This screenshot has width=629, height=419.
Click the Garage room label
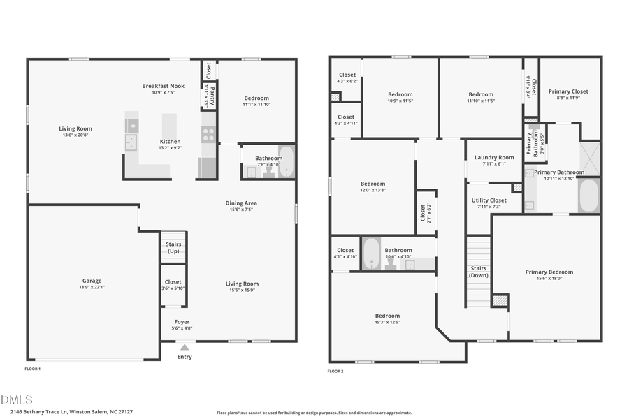[x=92, y=281]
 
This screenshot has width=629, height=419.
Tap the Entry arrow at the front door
[x=185, y=346]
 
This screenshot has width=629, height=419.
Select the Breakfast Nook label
[x=163, y=86]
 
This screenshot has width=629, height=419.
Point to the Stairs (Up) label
[x=173, y=247]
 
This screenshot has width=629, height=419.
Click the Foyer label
[x=182, y=322]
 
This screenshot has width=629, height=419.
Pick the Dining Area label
[x=241, y=203]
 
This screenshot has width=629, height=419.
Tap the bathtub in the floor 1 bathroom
[x=287, y=162]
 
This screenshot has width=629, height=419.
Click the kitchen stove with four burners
[x=208, y=133]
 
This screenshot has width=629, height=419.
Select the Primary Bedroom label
[x=549, y=272]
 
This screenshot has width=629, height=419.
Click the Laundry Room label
[x=494, y=157]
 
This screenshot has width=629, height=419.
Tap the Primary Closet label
[x=568, y=91]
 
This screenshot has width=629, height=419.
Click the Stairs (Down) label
[x=479, y=272]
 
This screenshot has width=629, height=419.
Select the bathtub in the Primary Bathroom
[x=588, y=196]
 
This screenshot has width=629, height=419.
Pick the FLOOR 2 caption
[x=335, y=371]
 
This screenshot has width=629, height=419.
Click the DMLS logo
[x=17, y=399]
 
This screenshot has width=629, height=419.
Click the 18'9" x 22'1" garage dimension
[x=92, y=287]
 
